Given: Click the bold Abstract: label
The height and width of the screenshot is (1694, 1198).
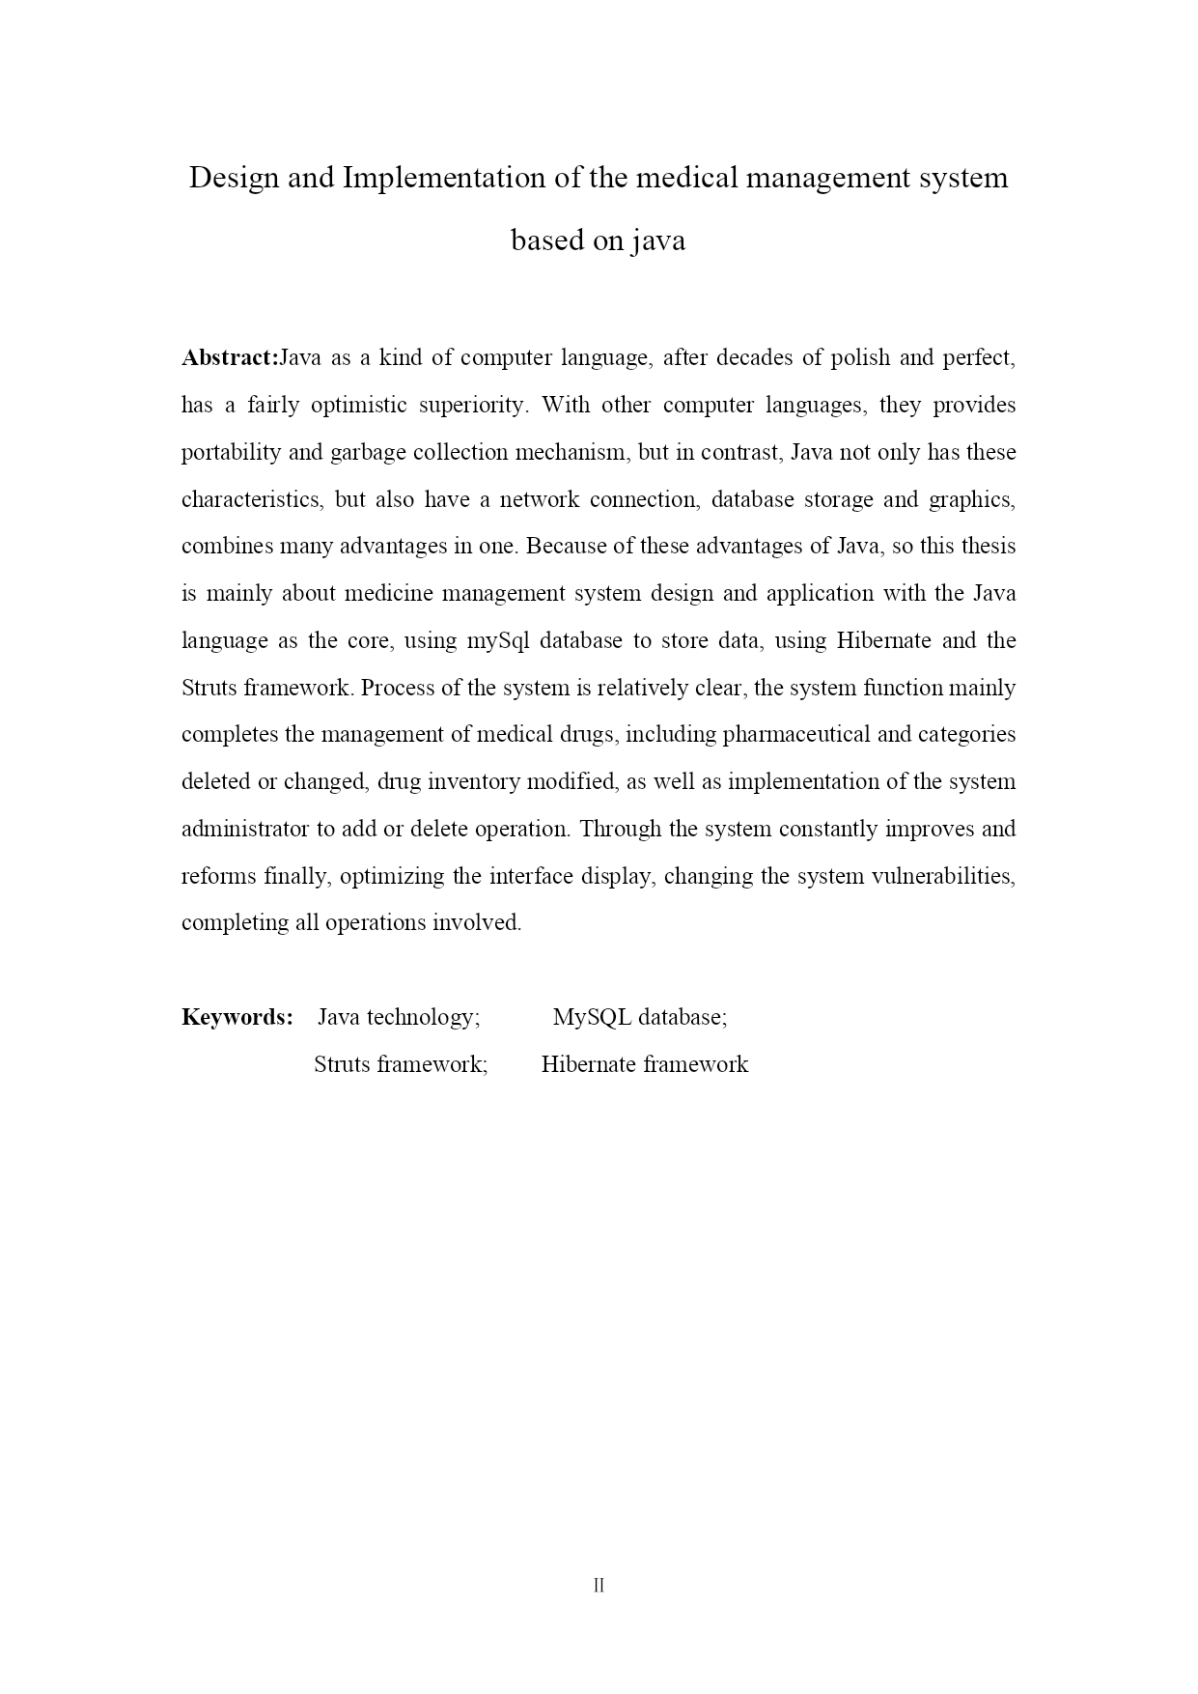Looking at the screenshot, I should tap(230, 358).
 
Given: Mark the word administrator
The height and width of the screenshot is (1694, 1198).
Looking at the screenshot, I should tap(244, 829).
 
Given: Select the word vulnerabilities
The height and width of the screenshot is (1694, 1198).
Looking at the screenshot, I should tap(942, 876).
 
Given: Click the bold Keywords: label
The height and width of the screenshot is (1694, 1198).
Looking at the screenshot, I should tap(237, 1017).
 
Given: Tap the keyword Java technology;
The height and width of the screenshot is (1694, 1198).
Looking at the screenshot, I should tap(399, 1017).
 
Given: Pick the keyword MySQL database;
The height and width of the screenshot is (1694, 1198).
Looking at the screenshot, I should tap(640, 1017).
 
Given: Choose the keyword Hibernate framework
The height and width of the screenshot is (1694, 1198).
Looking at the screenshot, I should tap(645, 1064).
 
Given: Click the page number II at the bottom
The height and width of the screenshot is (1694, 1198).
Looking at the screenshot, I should tap(599, 1586).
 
